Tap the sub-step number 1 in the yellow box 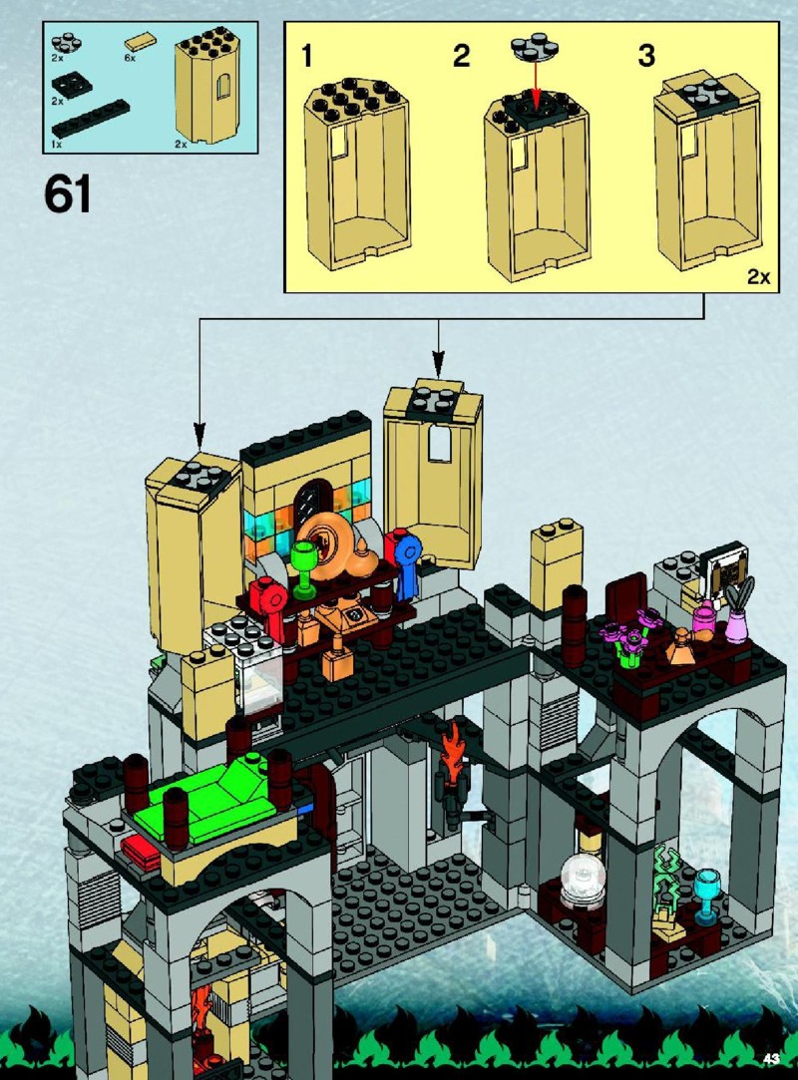pyautogui.click(x=306, y=56)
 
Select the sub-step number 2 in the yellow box pyautogui.click(x=461, y=56)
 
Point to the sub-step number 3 pyautogui.click(x=645, y=56)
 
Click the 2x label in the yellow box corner pyautogui.click(x=758, y=277)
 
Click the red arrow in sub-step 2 pyautogui.click(x=534, y=82)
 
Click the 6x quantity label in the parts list pyautogui.click(x=131, y=59)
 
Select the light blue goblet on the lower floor pyautogui.click(x=707, y=896)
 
